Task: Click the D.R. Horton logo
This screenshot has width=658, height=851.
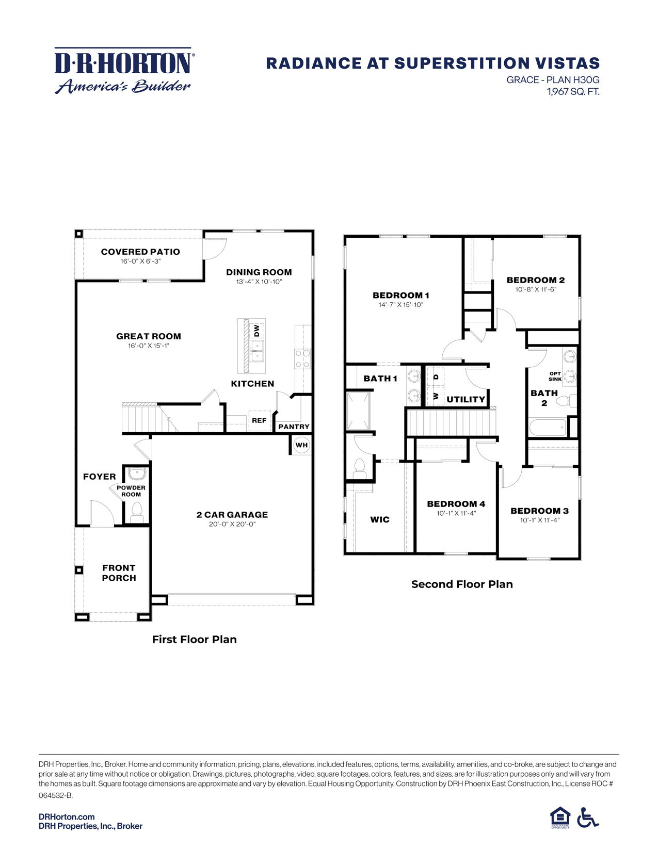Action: click(124, 71)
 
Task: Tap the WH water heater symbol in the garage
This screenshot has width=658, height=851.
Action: click(301, 445)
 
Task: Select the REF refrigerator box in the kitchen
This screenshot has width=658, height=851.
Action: click(259, 420)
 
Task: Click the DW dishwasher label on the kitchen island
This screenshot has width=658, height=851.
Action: click(256, 331)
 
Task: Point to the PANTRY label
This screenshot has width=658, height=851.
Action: click(294, 427)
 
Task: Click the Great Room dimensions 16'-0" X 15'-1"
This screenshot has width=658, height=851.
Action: click(149, 346)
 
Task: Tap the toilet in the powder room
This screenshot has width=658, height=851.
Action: click(137, 512)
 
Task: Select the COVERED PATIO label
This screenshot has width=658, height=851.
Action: click(140, 252)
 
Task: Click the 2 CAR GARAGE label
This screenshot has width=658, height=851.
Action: click(232, 514)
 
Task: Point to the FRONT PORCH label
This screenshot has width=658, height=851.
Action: click(119, 572)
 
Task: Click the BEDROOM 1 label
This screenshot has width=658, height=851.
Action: click(401, 295)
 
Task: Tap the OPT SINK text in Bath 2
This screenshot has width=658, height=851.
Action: click(555, 376)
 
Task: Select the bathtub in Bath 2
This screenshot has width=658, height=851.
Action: click(548, 428)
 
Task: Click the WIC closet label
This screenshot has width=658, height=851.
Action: click(380, 519)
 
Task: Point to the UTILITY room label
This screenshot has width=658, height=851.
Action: click(466, 399)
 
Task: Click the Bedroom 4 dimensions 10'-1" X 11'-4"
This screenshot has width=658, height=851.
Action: click(456, 513)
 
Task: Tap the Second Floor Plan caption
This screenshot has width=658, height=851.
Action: click(462, 584)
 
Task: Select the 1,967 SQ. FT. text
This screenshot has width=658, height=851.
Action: click(573, 92)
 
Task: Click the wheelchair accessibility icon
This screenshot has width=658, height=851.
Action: click(587, 817)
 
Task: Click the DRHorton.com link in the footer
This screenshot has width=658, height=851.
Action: click(67, 816)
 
